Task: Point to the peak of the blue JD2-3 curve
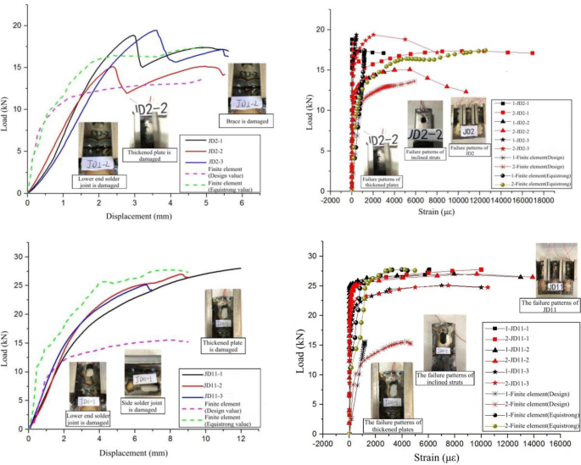click(x=155, y=30)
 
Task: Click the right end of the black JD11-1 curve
click(x=240, y=269)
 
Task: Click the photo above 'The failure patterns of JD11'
click(x=556, y=268)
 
